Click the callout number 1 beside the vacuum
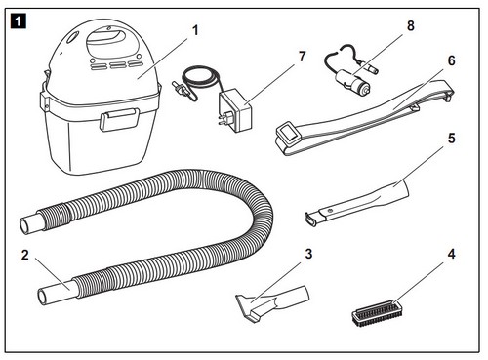pyautogui.click(x=195, y=30)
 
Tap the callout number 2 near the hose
pyautogui.click(x=25, y=255)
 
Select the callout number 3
pyautogui.click(x=308, y=254)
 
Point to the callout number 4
pyautogui.click(x=451, y=254)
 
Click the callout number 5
pyautogui.click(x=452, y=139)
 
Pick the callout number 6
pyautogui.click(x=452, y=60)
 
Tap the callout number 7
pyautogui.click(x=303, y=57)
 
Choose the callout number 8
pyautogui.click(x=411, y=25)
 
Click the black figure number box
pyautogui.click(x=19, y=21)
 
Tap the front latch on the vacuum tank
pyautogui.click(x=119, y=120)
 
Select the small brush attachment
pyautogui.click(x=375, y=314)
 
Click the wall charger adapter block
pyautogui.click(x=235, y=111)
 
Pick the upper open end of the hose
pyautogui.click(x=25, y=224)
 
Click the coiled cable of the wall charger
pyautogui.click(x=199, y=79)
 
